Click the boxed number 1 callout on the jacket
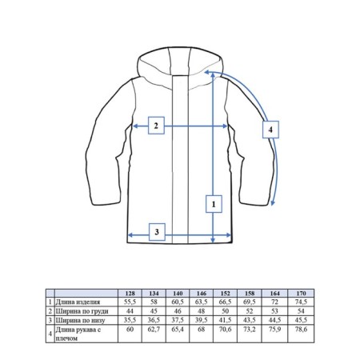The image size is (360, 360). click(214, 204)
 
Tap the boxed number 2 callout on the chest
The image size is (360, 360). click(156, 126)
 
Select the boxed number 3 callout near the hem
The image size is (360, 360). click(157, 232)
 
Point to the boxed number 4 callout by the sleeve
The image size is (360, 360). click(270, 130)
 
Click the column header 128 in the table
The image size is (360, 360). click(130, 294)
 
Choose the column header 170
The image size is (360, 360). click(301, 294)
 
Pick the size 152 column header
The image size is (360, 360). click(226, 294)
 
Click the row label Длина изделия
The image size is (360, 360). click(78, 302)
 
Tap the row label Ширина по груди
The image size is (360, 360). click(82, 311)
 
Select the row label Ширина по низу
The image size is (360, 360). click(80, 320)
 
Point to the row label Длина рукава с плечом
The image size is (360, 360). click(78, 334)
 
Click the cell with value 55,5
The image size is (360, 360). click(130, 302)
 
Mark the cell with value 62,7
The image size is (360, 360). click(154, 330)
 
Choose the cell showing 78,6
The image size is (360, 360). click(301, 330)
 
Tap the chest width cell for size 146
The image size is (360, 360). click(202, 311)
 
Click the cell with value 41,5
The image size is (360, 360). click(226, 320)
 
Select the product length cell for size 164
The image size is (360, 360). click(274, 302)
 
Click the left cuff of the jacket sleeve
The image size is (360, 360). click(106, 202)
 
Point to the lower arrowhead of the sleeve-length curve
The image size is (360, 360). click(272, 203)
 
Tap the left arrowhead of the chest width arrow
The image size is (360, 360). click(135, 126)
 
